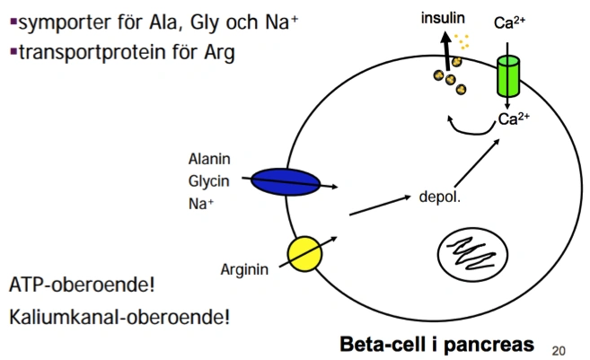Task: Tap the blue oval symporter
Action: point(286,181)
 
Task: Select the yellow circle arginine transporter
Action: point(304,253)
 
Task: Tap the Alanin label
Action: point(209,160)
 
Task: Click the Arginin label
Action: point(244,268)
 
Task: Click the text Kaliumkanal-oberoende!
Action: point(120,316)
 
